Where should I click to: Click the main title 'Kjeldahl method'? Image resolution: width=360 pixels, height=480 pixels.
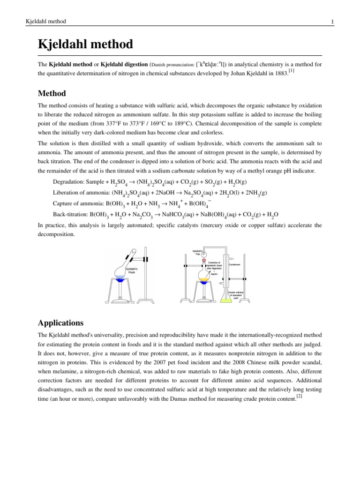[x=85, y=45]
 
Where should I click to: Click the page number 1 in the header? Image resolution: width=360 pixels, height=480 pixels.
[x=331, y=22]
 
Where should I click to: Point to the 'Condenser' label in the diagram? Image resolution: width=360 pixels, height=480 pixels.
[x=234, y=264]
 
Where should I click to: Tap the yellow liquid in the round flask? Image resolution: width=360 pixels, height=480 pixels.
[x=204, y=280]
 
